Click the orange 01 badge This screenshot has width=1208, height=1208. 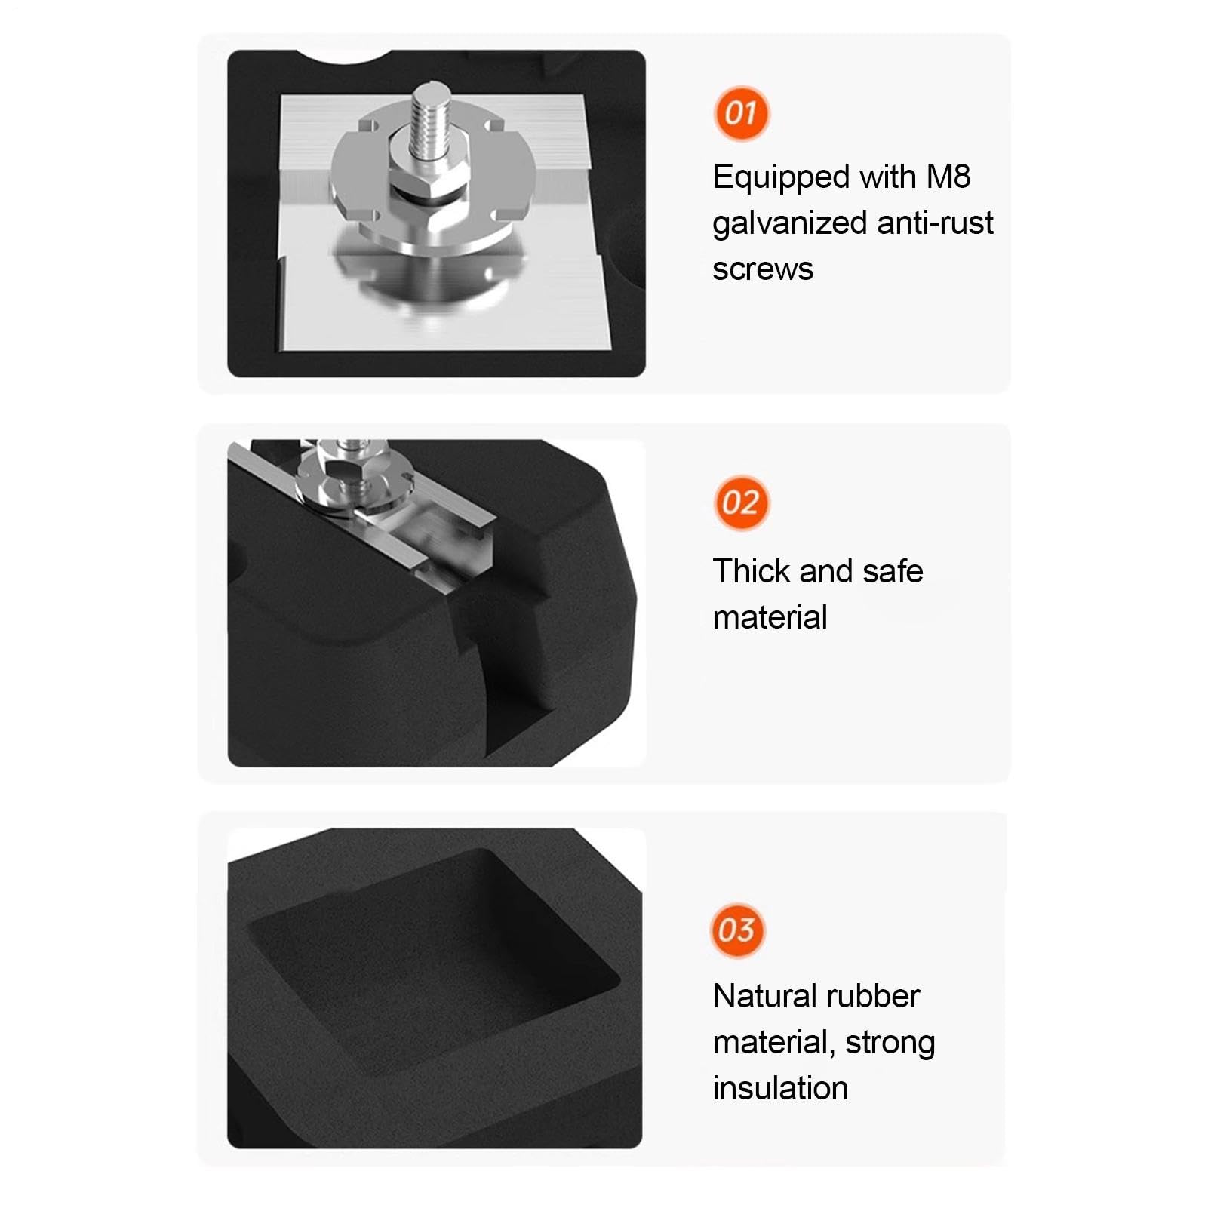(x=741, y=113)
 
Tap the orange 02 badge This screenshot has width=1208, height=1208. (x=741, y=503)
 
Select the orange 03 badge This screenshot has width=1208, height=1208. (x=737, y=930)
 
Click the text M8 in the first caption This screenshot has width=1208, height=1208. (x=948, y=177)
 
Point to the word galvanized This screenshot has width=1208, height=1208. (x=789, y=224)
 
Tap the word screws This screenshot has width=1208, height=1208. (x=763, y=269)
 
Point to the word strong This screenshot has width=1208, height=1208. (x=890, y=1044)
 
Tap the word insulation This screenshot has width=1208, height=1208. (x=780, y=1088)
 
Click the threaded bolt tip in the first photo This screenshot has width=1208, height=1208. (x=432, y=97)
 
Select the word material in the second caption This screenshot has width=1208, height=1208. (x=770, y=617)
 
